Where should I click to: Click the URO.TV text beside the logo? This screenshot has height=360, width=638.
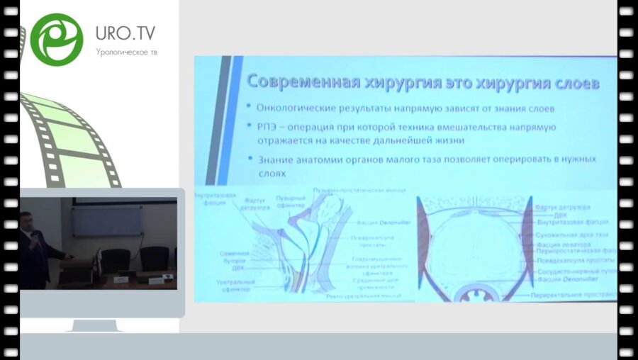pyautogui.click(x=125, y=33)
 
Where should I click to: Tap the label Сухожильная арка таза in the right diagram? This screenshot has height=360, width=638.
pyautogui.click(x=572, y=233)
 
